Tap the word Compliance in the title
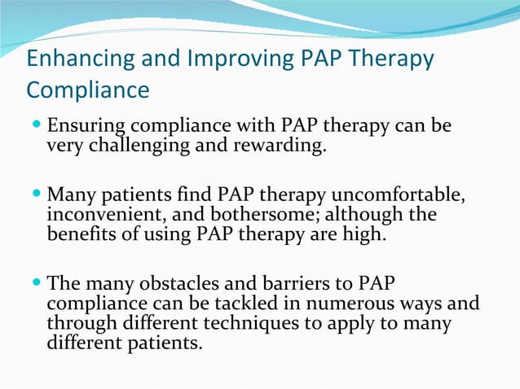(x=88, y=89)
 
